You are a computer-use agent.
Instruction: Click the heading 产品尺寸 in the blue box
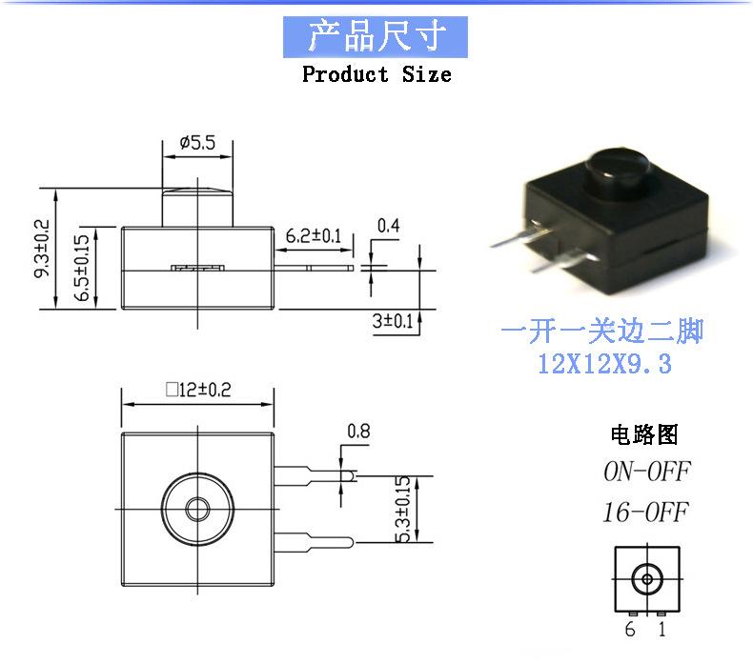(376, 36)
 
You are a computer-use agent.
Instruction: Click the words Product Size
(376, 74)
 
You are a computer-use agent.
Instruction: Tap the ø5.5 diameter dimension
(197, 143)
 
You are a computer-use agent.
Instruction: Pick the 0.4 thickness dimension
(388, 226)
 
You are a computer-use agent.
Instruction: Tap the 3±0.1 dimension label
(393, 321)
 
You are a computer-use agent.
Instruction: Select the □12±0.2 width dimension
(198, 389)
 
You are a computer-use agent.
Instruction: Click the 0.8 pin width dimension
(358, 431)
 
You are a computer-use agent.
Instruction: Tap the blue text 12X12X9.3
(604, 363)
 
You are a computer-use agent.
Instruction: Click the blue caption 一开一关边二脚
(602, 332)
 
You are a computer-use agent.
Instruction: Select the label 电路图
(644, 435)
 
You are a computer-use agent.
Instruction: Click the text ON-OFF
(645, 472)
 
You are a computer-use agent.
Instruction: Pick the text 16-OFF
(645, 513)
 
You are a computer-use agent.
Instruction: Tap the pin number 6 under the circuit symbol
(630, 629)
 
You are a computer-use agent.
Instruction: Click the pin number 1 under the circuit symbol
(662, 629)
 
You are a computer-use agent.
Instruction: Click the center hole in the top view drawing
(198, 504)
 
